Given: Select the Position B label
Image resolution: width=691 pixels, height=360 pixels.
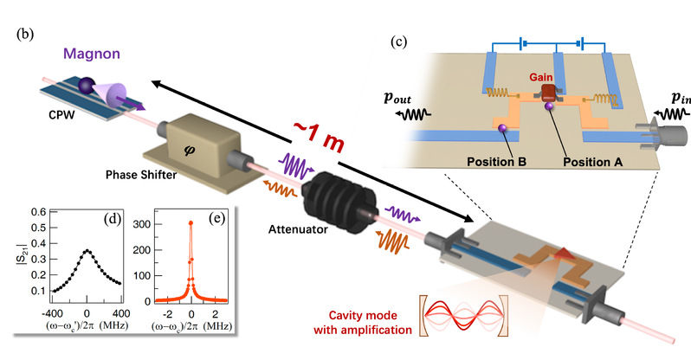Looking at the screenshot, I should pyautogui.click(x=498, y=161).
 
